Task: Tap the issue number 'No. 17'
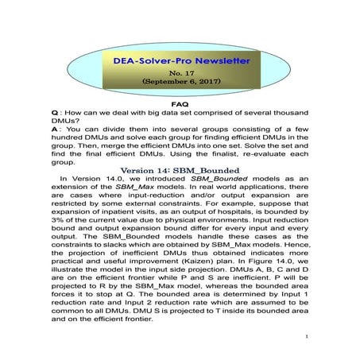179,72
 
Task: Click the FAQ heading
180,103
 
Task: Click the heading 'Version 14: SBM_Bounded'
180,170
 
